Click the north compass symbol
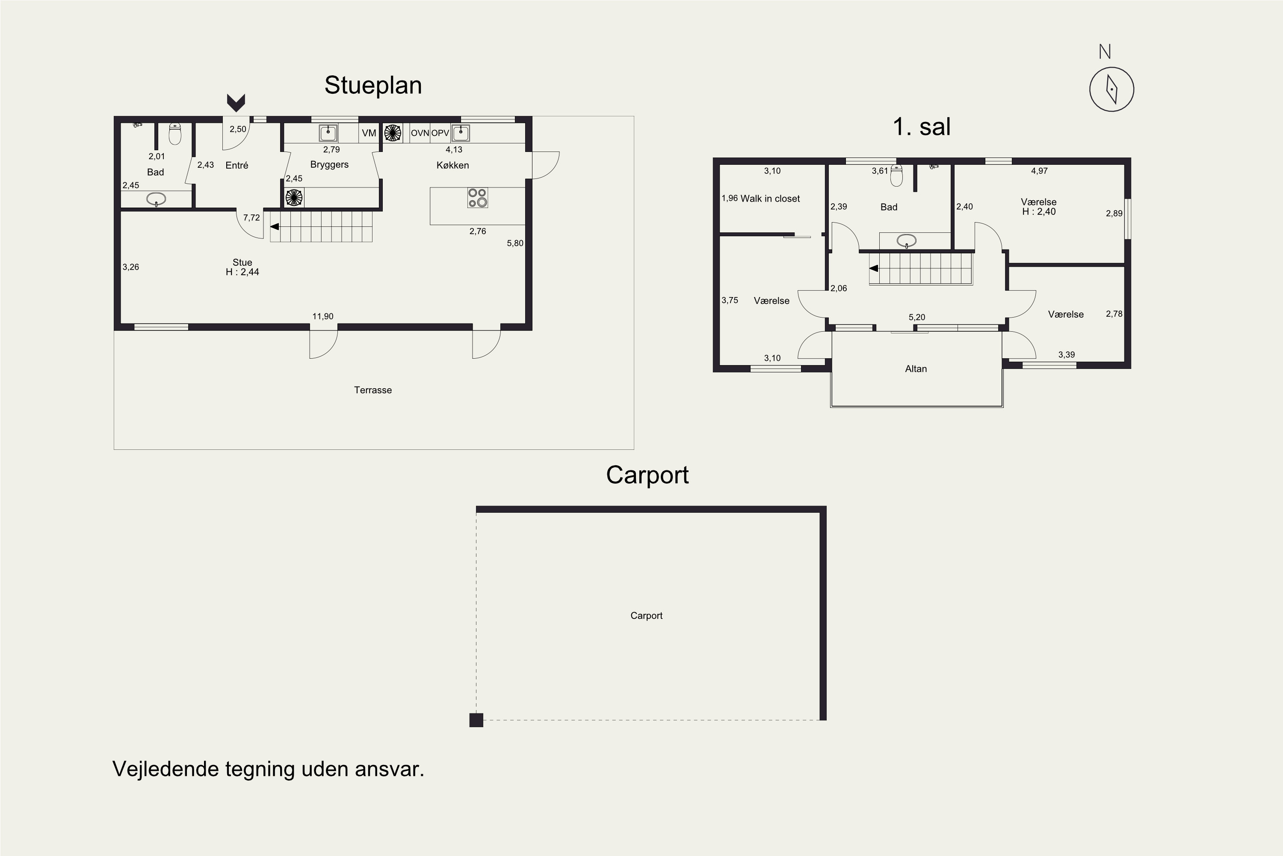[1111, 89]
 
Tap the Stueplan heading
[373, 85]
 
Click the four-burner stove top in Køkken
[477, 198]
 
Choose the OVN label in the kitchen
[420, 133]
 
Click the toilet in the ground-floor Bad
[174, 134]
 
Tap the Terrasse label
[372, 390]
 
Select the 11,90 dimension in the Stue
[322, 316]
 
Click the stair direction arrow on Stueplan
[275, 226]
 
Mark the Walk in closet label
[770, 199]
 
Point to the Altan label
[916, 369]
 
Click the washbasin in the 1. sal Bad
[906, 240]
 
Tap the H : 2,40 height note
[1039, 212]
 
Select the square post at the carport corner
[476, 720]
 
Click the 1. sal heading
[921, 127]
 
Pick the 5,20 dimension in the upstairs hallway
[916, 317]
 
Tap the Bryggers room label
[329, 165]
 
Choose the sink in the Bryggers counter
[328, 133]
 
